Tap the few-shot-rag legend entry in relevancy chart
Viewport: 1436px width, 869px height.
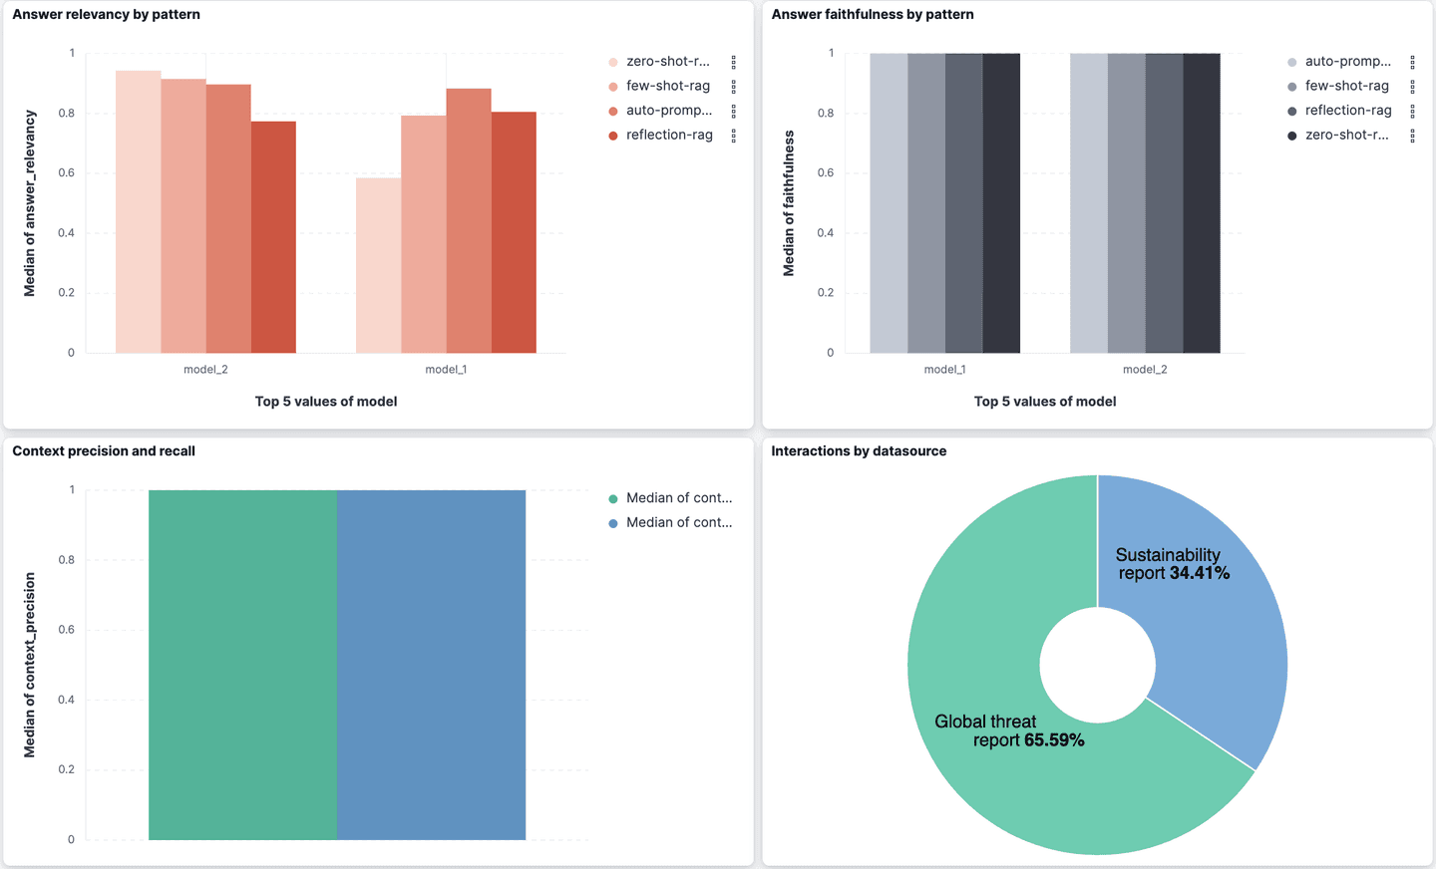tap(667, 86)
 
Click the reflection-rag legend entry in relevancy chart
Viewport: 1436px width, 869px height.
tap(669, 135)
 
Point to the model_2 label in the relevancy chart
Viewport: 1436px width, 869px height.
tap(205, 370)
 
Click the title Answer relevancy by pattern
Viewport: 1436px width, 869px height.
tap(106, 14)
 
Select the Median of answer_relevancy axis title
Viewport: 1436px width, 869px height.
tap(30, 203)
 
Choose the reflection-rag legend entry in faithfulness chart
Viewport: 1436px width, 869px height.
tap(1347, 111)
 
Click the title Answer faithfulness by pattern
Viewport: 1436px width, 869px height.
tap(873, 14)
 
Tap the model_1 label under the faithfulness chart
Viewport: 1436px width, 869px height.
tap(944, 370)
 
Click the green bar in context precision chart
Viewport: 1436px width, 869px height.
tap(242, 665)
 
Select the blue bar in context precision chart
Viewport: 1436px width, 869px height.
tap(431, 665)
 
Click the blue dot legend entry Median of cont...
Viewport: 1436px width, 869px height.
tap(678, 522)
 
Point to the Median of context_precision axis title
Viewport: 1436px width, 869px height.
tap(30, 665)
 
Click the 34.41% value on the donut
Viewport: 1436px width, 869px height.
tap(1200, 573)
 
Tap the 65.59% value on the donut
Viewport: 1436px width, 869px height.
tap(1054, 740)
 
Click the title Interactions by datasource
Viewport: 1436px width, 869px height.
tap(859, 451)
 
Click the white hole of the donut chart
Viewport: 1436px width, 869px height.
tap(1097, 665)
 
